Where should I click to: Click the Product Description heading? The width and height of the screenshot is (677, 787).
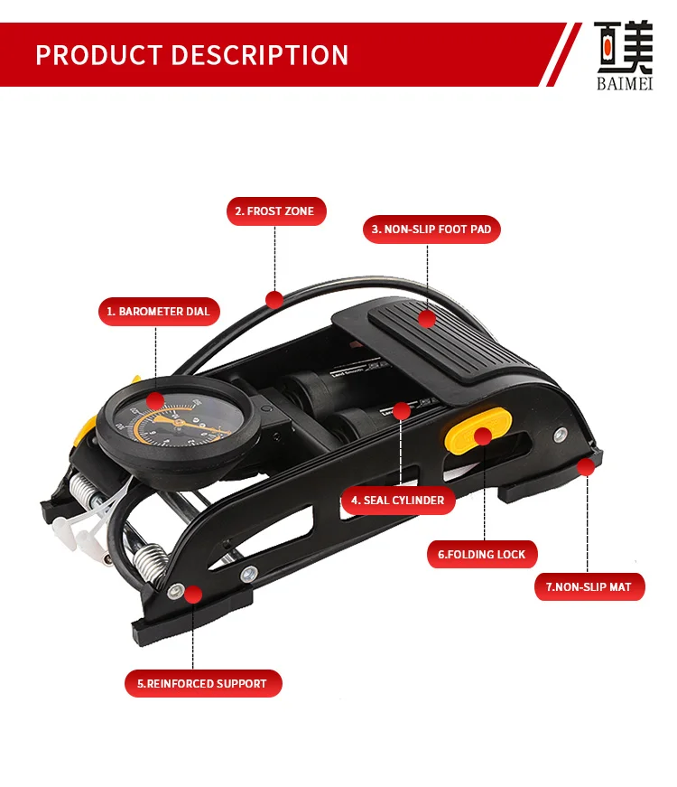click(x=191, y=55)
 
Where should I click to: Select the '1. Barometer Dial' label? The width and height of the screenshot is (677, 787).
click(x=159, y=312)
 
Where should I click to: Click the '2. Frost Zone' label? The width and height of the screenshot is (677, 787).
click(x=275, y=211)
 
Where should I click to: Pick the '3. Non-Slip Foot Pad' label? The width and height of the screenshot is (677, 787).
click(x=431, y=230)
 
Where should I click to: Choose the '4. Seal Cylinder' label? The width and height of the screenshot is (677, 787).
click(x=398, y=500)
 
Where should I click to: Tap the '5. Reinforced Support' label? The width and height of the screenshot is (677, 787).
click(x=203, y=683)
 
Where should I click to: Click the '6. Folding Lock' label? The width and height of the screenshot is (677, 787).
click(x=482, y=554)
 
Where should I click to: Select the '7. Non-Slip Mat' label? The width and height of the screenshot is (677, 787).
click(x=589, y=586)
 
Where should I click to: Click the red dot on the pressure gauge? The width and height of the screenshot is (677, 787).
click(x=155, y=400)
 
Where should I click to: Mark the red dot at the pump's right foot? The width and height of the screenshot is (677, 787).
click(x=585, y=467)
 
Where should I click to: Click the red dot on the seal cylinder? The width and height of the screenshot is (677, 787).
click(x=402, y=411)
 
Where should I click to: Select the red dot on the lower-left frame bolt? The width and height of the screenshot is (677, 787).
click(x=192, y=593)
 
